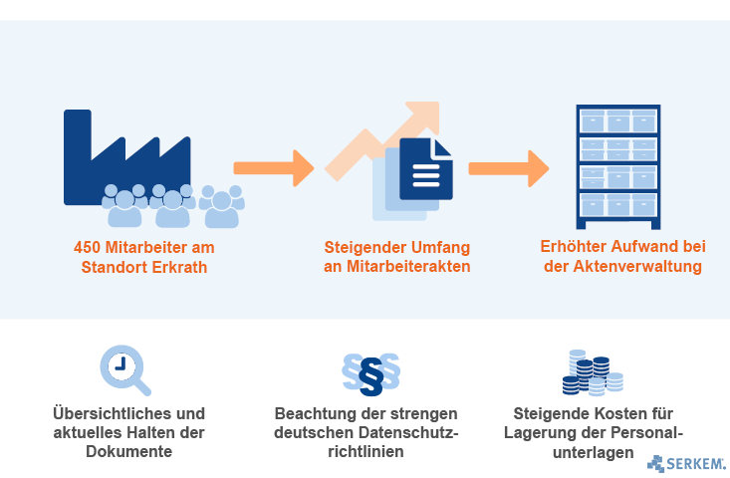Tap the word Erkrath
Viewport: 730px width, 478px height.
(179, 267)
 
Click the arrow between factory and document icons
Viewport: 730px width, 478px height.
(274, 168)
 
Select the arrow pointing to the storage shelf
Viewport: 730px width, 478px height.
(509, 168)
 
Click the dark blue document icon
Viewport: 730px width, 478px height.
(426, 169)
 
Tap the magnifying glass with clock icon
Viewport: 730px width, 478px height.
(124, 370)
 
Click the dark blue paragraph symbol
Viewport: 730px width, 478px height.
(371, 377)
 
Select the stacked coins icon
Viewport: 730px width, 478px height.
(593, 372)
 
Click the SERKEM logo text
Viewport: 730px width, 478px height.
(695, 464)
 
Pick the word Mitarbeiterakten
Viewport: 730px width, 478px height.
(408, 266)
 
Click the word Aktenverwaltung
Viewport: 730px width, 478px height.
(637, 266)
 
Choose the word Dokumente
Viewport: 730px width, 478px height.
(128, 451)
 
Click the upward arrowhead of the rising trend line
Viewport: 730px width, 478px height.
(422, 118)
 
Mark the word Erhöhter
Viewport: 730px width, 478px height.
(573, 246)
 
